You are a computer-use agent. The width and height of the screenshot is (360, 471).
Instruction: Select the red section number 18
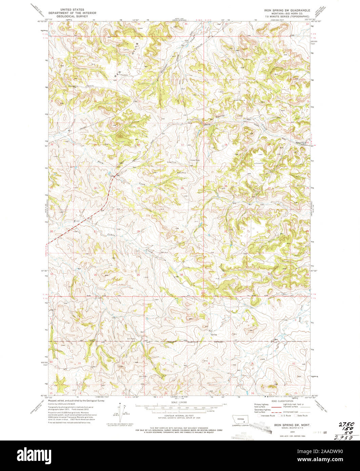(x=226, y=145)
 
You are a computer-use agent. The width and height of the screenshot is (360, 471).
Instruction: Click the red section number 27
(x=95, y=231)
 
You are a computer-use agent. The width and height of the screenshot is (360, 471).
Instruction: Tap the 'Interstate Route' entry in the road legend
(x=268, y=415)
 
